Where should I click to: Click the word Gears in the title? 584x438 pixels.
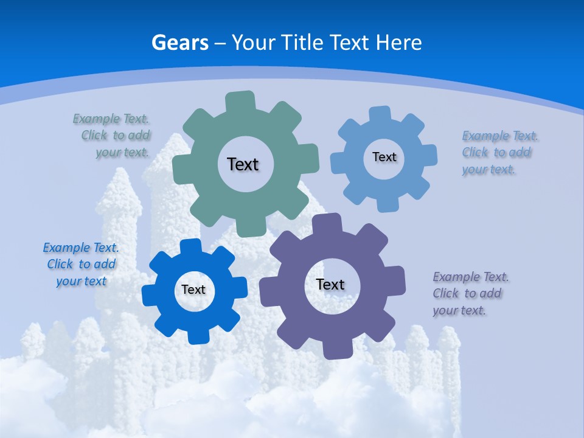(179, 43)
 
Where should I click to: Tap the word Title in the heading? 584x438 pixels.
(302, 43)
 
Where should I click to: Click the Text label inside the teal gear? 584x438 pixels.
(243, 164)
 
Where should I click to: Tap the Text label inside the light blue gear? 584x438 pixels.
(384, 157)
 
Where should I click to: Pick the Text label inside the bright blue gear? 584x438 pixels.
(193, 290)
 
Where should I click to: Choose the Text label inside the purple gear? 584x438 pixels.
(330, 284)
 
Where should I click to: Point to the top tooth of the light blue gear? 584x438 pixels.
(380, 114)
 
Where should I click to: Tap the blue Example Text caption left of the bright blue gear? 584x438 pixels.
(81, 265)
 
